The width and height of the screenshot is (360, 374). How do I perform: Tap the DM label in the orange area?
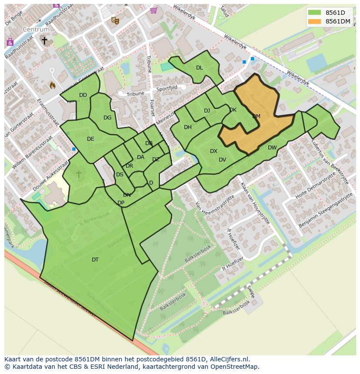256,116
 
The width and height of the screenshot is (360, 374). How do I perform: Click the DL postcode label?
199,68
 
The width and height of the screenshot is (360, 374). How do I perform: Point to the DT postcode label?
95,260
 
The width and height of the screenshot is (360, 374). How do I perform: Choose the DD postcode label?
83,95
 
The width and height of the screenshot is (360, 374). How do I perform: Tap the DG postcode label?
107,118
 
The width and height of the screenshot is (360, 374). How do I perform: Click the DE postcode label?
90,139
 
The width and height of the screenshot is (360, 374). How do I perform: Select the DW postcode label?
272,148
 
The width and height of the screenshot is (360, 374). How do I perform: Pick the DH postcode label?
188,127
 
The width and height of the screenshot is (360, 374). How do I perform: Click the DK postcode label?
233,110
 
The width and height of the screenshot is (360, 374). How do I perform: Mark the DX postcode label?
213,151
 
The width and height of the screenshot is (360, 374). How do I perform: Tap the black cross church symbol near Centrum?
44,40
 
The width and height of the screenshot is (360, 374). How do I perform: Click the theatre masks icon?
115,20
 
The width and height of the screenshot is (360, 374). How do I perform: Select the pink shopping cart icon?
153,10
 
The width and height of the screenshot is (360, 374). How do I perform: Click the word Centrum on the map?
37,30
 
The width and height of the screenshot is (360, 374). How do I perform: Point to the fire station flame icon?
53,85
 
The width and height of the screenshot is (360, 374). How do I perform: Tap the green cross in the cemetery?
79,174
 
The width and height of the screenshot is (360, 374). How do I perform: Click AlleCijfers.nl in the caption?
230,359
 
